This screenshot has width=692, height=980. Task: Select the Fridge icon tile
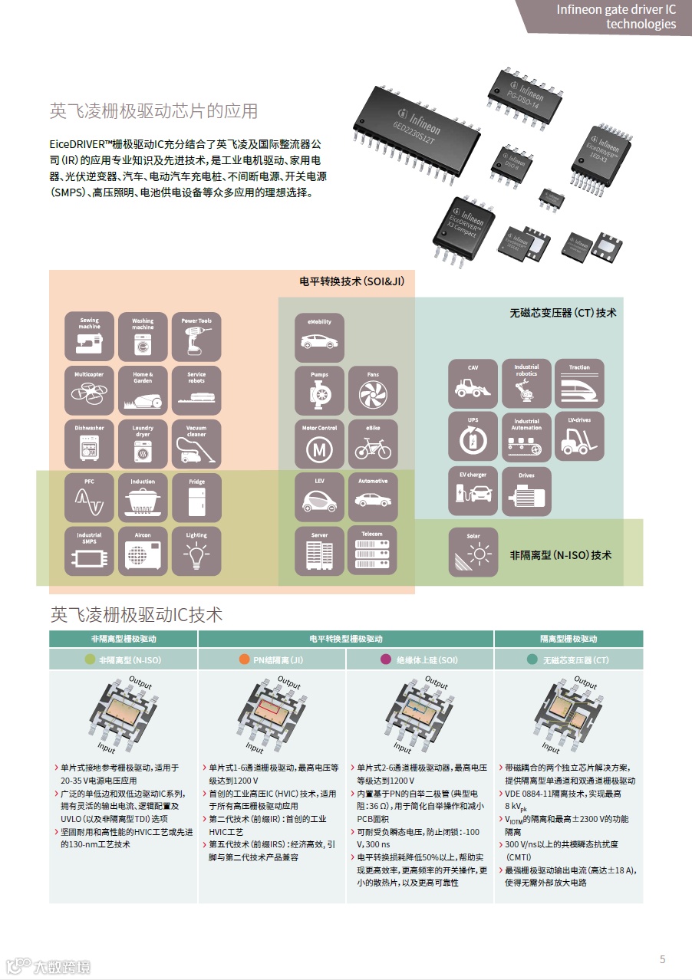196,498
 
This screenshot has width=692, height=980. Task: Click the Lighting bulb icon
196,551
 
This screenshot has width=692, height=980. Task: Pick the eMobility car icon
319,337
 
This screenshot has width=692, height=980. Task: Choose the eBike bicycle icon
374,444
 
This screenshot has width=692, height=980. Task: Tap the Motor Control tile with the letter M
319,444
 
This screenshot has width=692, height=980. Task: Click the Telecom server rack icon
374,551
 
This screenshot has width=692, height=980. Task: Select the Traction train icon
580,383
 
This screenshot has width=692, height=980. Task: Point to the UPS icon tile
473,437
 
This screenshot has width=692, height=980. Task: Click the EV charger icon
473,491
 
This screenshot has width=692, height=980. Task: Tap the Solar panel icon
473,551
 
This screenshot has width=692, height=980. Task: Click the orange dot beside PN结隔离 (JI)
244,659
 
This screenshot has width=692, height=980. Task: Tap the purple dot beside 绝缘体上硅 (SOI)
385,659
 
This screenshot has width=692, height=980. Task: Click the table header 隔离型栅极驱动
568,639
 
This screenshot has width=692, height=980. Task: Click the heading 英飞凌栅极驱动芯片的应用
154,111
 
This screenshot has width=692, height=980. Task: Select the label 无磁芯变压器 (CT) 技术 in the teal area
562,313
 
